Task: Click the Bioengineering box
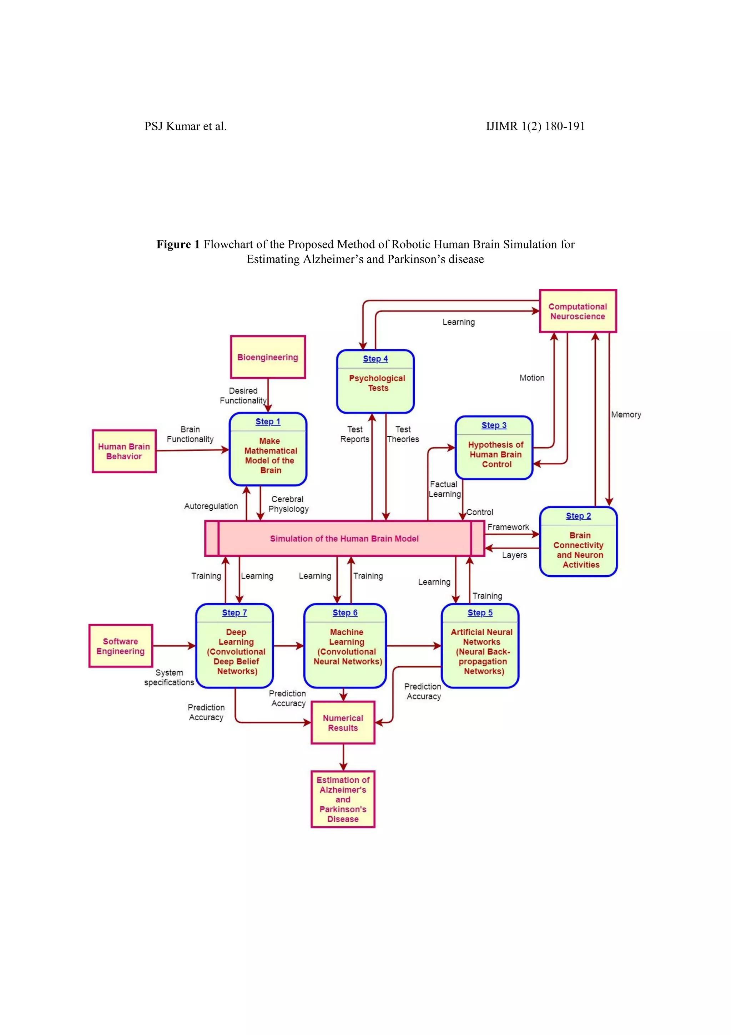click(x=267, y=357)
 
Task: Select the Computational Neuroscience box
click(x=577, y=311)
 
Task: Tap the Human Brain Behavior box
click(x=124, y=451)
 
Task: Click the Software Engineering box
click(x=120, y=646)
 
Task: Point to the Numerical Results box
click(x=343, y=723)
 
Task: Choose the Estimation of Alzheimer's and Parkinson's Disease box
click(x=343, y=799)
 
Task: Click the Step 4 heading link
click(x=375, y=359)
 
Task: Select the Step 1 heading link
click(x=268, y=421)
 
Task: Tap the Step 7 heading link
click(x=234, y=613)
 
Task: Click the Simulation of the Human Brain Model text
click(x=344, y=539)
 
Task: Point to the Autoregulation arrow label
click(x=211, y=506)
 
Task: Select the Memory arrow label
click(x=626, y=415)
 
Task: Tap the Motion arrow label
click(x=532, y=378)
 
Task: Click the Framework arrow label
click(x=508, y=527)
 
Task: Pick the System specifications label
click(x=169, y=677)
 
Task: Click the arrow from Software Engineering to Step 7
click(x=173, y=646)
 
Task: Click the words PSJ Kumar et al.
click(x=185, y=126)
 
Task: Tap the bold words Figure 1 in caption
click(x=178, y=244)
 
